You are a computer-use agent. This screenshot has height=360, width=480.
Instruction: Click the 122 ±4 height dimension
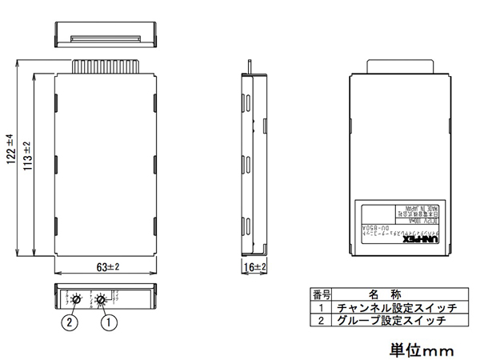[10, 148]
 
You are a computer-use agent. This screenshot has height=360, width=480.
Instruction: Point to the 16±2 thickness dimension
[254, 266]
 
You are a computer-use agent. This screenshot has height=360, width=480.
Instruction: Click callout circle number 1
[105, 324]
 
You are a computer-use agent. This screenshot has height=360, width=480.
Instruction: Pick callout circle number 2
[71, 324]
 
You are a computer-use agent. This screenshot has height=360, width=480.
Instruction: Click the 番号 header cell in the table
[321, 294]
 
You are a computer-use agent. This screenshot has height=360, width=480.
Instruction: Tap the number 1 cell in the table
[321, 307]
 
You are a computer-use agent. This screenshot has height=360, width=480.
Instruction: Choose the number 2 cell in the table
[321, 320]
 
